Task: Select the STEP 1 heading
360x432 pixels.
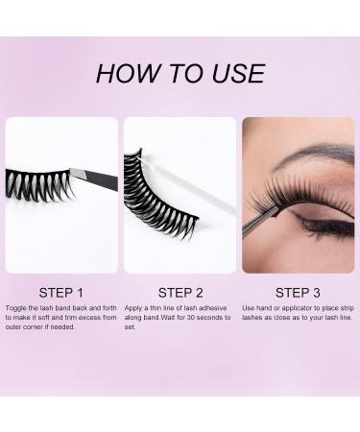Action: [60, 292]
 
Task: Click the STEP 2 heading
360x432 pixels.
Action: [180, 292]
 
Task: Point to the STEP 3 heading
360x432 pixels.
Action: [299, 292]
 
